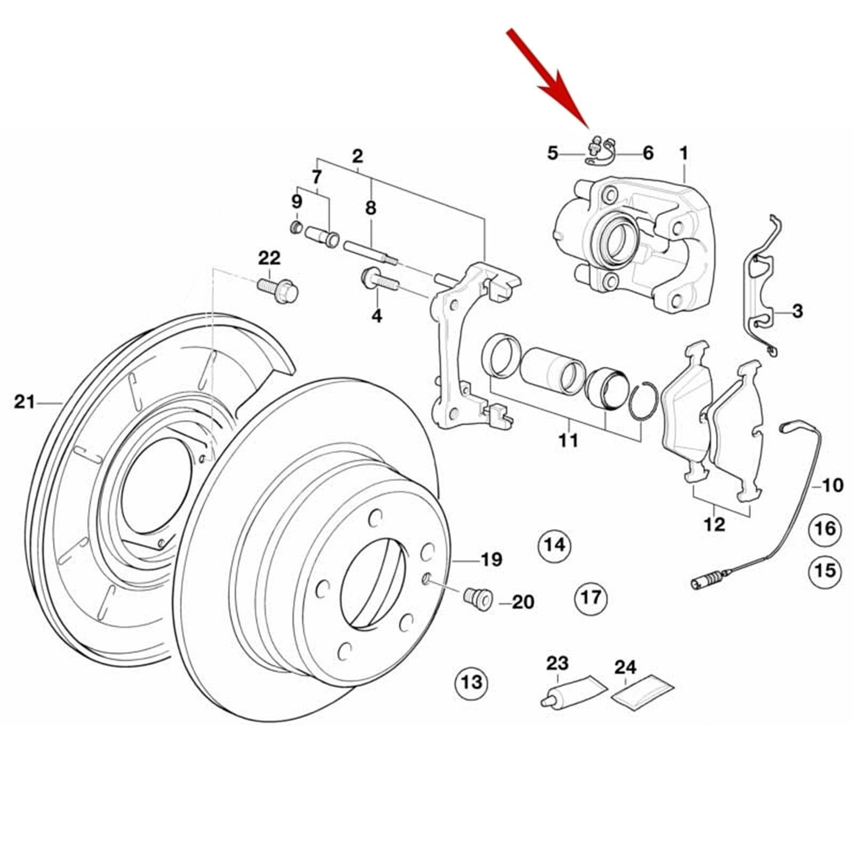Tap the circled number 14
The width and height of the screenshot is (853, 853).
point(554,545)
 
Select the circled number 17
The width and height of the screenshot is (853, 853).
point(591,597)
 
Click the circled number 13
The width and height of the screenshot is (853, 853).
point(471,682)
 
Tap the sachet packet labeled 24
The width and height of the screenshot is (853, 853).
point(642,693)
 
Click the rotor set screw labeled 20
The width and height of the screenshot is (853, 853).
point(478,599)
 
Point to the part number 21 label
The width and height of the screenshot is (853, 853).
point(24,402)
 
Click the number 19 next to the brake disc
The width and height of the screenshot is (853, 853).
point(491,560)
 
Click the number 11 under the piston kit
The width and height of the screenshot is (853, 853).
point(568,440)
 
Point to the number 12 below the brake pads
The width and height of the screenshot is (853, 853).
point(714,525)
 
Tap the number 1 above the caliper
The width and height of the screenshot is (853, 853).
point(683,154)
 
